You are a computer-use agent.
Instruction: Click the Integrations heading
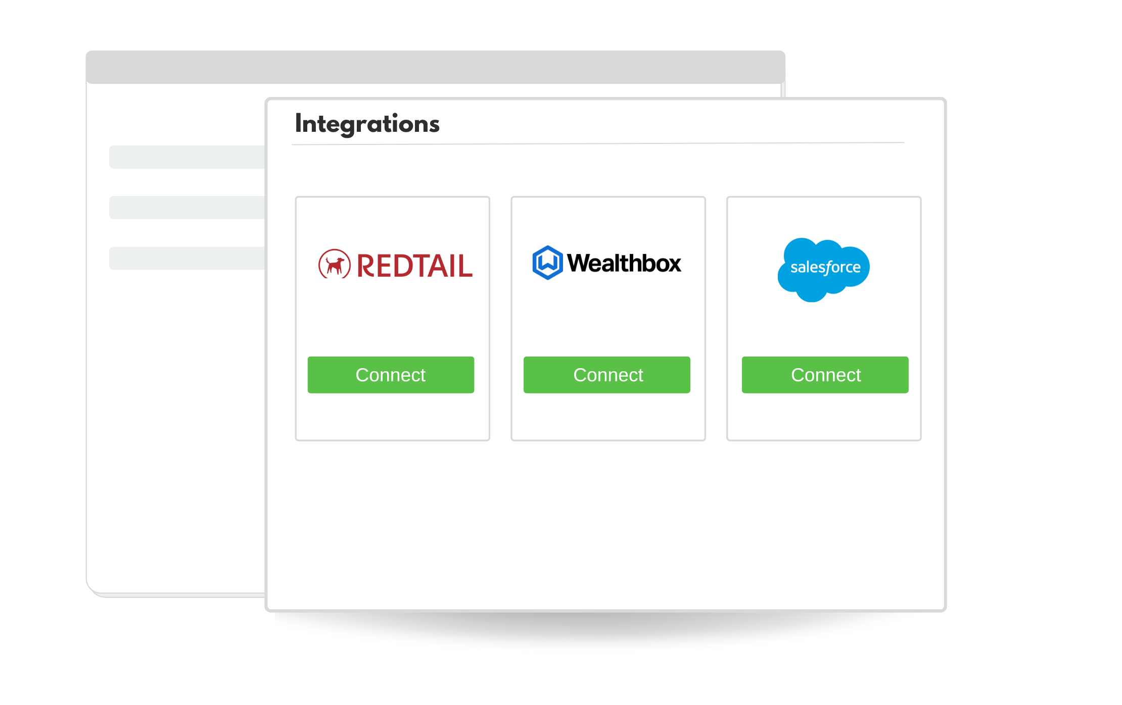tap(367, 124)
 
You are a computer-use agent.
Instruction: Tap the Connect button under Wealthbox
tap(606, 375)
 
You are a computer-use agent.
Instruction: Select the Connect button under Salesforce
tap(825, 375)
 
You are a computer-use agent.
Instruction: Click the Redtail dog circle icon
tap(334, 264)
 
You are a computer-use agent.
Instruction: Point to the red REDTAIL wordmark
tap(415, 266)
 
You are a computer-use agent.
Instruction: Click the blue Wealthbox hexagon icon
tap(547, 263)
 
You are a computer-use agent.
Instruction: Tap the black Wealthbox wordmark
tap(624, 263)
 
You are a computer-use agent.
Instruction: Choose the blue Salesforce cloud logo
tap(823, 270)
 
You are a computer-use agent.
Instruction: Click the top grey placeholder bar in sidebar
tap(188, 157)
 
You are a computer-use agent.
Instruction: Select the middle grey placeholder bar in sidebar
tap(188, 208)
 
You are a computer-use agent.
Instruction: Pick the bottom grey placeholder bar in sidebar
tap(188, 258)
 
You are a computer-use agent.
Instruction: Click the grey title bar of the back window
tap(435, 67)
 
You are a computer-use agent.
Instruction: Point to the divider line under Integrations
tap(598, 144)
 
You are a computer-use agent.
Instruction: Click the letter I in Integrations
tap(298, 124)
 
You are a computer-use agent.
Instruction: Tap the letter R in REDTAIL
tap(366, 266)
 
